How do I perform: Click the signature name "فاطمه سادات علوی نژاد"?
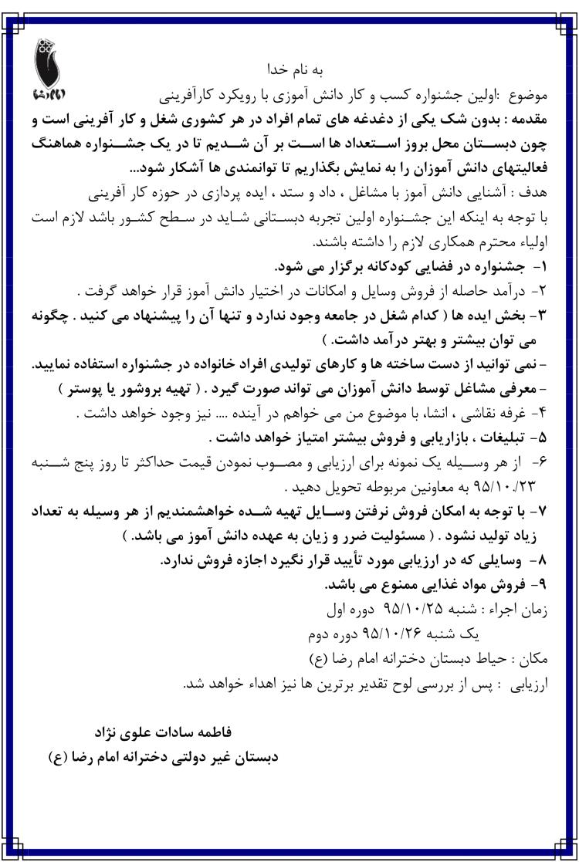pyautogui.click(x=163, y=729)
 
